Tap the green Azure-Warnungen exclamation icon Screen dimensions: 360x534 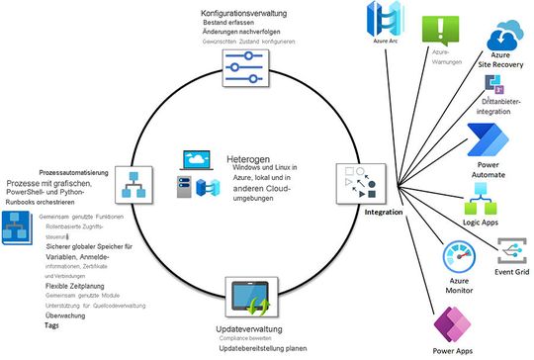point(440,29)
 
